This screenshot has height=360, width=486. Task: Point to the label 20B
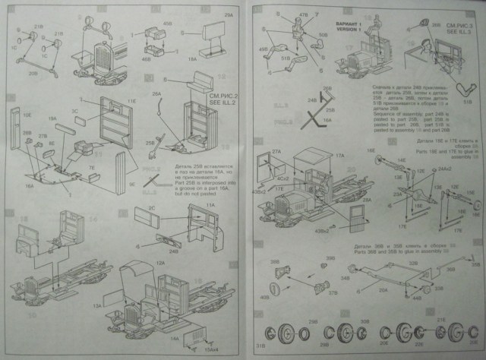click(32, 74)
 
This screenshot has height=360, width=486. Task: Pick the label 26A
click(156, 94)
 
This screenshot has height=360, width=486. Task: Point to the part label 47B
click(304, 14)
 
